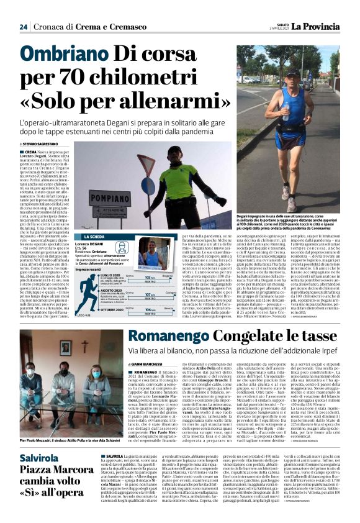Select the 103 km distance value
(x=149, y=278)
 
